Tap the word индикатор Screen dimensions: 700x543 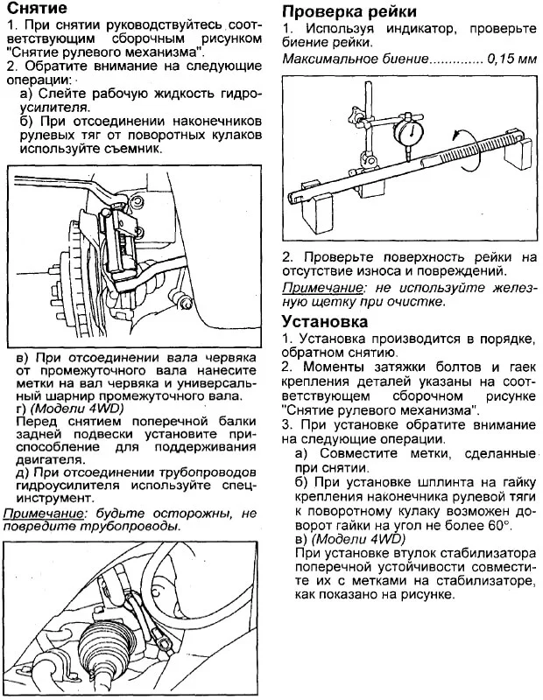point(386,29)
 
